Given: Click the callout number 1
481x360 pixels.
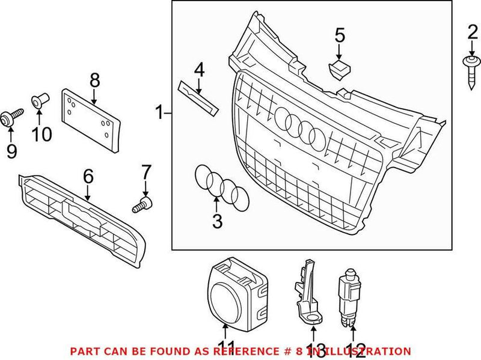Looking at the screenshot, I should [x=159, y=112].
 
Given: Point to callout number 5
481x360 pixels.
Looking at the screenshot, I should [x=340, y=35].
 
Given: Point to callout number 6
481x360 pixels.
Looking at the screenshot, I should [x=88, y=176].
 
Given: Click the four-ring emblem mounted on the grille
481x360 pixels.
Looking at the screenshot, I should [x=299, y=127].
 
